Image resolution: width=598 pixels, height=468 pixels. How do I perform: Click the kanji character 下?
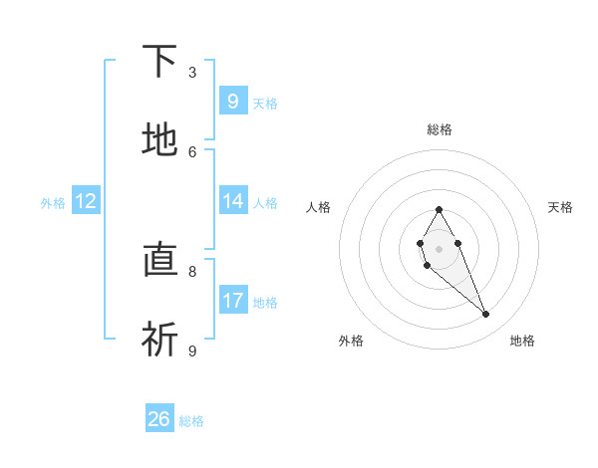(159, 62)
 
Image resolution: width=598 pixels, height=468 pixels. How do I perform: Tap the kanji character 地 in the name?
(159, 140)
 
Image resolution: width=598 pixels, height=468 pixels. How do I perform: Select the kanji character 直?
(159, 261)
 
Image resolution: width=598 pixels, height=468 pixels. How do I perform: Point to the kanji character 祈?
(159, 340)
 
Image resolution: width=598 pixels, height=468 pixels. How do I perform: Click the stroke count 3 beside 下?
(192, 72)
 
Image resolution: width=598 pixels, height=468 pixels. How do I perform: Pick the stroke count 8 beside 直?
(192, 270)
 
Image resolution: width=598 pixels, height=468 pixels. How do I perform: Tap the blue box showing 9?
(233, 101)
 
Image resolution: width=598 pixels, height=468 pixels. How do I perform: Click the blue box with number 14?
(233, 200)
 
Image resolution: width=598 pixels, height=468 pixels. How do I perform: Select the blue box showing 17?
(233, 300)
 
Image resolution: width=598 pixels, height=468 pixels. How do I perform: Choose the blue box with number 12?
(86, 201)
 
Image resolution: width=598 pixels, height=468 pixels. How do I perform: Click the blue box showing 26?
(159, 419)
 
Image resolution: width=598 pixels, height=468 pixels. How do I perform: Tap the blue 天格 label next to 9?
(265, 103)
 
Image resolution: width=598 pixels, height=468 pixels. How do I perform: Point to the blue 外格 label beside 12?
(53, 202)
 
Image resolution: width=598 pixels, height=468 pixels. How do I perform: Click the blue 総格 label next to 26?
(191, 421)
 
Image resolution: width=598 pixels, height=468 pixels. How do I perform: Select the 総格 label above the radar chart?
(439, 129)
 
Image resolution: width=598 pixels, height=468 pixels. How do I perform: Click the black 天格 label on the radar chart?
(560, 207)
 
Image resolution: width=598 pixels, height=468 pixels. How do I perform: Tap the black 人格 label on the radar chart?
(318, 207)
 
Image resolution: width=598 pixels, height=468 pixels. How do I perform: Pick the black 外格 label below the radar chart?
(351, 341)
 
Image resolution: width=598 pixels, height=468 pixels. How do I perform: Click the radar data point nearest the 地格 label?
(485, 314)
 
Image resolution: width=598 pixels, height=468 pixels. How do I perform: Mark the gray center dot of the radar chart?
(439, 247)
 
